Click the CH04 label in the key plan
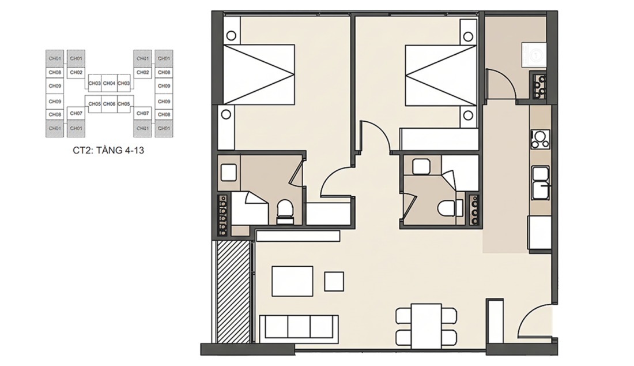tap(109, 83)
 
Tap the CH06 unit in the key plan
tap(109, 104)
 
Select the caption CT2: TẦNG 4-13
tap(108, 151)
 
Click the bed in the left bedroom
tap(259, 75)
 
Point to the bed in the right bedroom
tap(441, 75)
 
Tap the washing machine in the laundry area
tap(534, 54)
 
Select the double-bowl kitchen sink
tap(541, 182)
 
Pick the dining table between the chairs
tap(426, 326)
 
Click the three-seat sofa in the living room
tap(299, 327)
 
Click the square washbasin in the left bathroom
tap(229, 173)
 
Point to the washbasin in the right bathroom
tap(421, 166)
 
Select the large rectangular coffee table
tap(292, 281)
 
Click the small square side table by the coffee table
tap(334, 281)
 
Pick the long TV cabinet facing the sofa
tap(298, 236)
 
